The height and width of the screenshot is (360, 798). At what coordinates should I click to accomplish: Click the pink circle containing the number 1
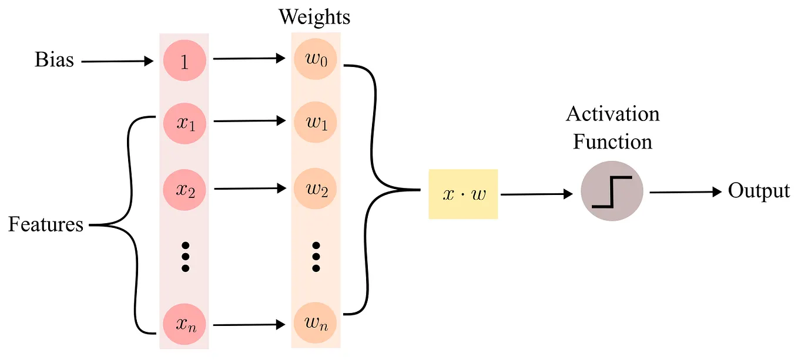(185, 60)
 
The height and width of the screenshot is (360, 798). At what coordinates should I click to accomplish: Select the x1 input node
(185, 123)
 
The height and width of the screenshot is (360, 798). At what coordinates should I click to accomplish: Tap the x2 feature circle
(185, 190)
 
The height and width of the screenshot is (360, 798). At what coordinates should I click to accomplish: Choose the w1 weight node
(315, 123)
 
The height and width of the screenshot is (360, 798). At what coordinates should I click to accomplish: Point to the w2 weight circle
(315, 190)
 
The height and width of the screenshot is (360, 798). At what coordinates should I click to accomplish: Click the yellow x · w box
(463, 194)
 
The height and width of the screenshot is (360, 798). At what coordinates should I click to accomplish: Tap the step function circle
(612, 192)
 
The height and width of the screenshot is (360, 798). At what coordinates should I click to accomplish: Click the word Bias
(55, 60)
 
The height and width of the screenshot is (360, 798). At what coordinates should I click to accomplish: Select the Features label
(46, 224)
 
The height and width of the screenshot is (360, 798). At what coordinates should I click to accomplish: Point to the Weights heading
(314, 17)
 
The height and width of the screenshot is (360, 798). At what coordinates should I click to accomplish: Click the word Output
(759, 191)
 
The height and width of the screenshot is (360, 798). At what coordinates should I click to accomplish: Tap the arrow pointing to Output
(685, 192)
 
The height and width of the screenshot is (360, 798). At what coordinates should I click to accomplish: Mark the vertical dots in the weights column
(316, 257)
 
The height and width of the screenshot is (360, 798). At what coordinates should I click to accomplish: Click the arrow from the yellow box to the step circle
(535, 194)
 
